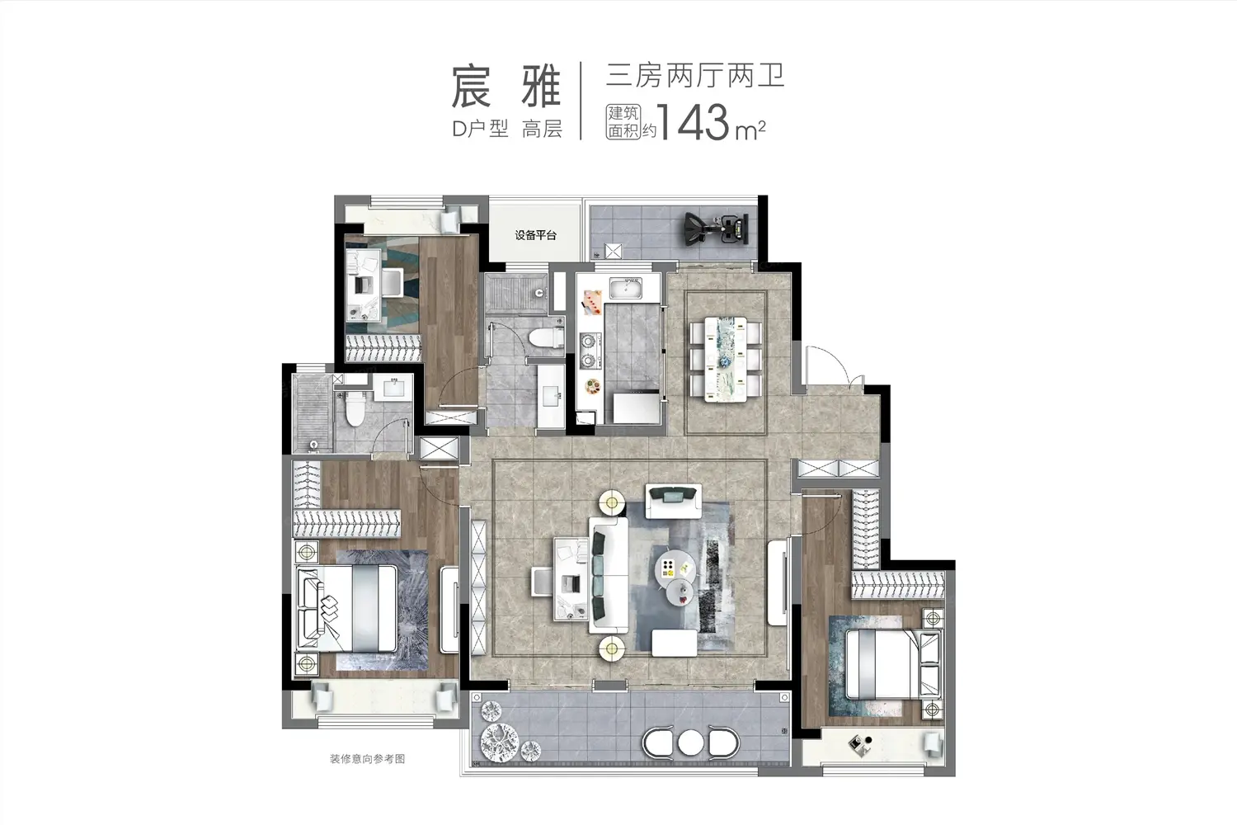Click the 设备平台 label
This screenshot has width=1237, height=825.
tap(535, 235)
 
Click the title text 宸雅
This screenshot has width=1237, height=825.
tap(506, 87)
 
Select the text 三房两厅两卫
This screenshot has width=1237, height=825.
tap(695, 76)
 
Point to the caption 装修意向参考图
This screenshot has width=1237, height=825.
tap(367, 759)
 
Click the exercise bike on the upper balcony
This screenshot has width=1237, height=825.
tap(715, 228)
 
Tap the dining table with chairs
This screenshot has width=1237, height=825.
tap(726, 359)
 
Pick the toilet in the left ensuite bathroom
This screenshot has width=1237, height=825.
tap(355, 408)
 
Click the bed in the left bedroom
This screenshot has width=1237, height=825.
tap(347, 608)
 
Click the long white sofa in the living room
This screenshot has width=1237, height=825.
tap(609, 575)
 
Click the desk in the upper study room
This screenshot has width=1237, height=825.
tap(364, 285)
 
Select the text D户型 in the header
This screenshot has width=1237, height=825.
tap(480, 130)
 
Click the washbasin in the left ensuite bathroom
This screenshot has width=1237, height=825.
tap(393, 387)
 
